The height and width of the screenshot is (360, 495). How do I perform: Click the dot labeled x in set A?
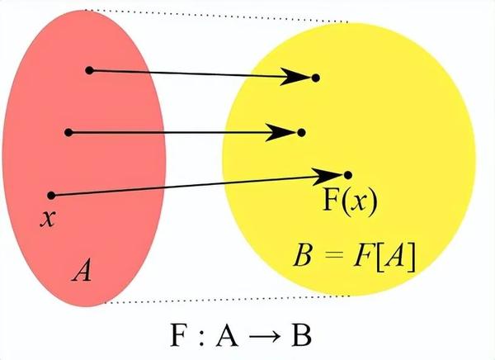51,196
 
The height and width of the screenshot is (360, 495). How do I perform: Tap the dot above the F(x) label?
347,175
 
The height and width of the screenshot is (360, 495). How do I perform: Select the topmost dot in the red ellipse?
89,70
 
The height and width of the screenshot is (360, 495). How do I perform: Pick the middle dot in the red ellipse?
68,132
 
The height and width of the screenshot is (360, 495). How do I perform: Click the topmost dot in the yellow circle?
315,78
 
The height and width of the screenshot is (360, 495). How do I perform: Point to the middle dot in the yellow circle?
301,132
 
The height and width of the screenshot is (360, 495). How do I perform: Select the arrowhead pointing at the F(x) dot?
328,176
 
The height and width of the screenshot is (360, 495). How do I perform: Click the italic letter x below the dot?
48,218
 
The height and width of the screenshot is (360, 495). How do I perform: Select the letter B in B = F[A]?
304,255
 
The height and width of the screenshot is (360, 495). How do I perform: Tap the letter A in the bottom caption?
227,334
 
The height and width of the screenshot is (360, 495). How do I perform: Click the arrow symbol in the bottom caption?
265,337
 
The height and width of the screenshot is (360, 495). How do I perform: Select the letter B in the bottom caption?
302,334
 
